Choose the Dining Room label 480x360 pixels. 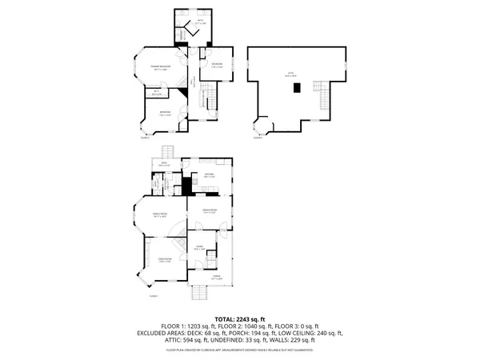[x=210, y=211]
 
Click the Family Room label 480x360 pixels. [x=158, y=214]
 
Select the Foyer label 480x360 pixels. [x=198, y=247]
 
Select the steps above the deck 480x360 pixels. [x=168, y=152]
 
